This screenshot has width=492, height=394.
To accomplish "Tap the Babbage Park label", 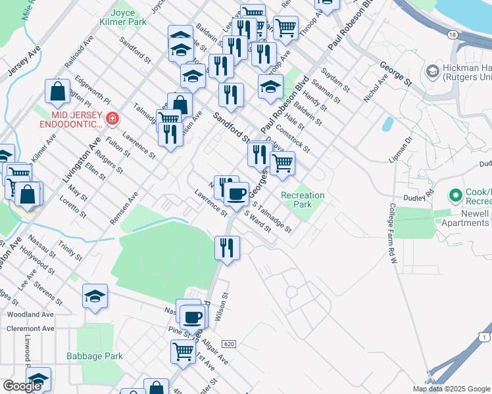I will (95, 357).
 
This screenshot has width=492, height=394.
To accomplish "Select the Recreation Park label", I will (303, 200).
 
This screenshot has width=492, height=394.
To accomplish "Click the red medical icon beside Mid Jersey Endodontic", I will (113, 119).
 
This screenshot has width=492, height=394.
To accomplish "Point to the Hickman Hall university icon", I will (433, 70).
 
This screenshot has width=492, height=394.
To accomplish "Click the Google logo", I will (22, 386).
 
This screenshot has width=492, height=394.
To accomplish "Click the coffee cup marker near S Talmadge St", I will (237, 193).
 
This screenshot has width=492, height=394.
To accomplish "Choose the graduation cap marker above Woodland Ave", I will (95, 297).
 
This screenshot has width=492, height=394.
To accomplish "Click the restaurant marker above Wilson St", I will (227, 248).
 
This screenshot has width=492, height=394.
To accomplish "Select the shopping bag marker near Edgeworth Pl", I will (58, 91).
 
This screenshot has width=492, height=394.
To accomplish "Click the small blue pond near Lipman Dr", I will (387, 124).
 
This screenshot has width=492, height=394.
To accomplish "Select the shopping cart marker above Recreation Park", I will (282, 162).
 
